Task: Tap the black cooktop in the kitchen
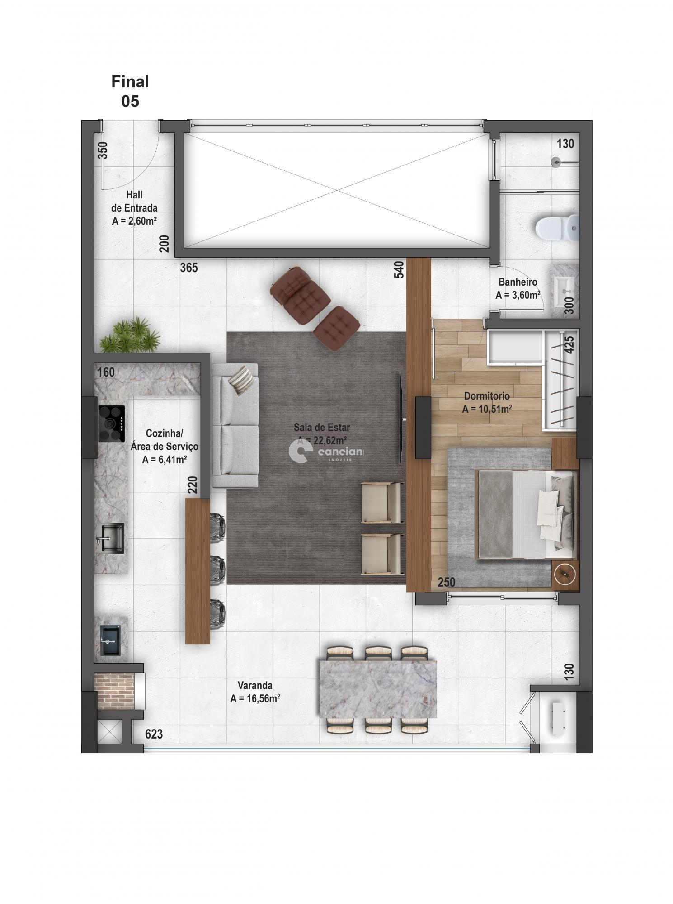(111, 423)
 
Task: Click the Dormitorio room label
(487, 396)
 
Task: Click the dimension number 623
(154, 734)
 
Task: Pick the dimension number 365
(189, 268)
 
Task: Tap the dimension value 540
(399, 270)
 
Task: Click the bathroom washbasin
(564, 287)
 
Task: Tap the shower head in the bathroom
(556, 161)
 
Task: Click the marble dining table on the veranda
(377, 689)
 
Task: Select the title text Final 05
(130, 91)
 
